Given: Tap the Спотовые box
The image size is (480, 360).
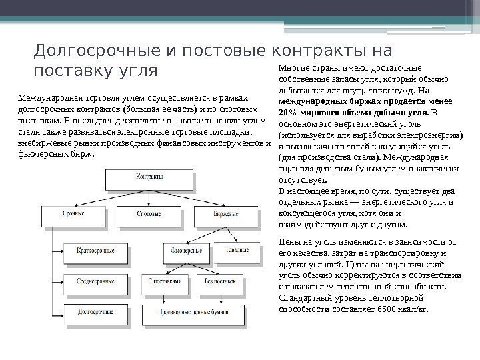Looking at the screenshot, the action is (149, 213).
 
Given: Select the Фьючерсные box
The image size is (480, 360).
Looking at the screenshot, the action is (187, 251).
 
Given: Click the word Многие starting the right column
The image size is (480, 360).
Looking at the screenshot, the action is (290, 69).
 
